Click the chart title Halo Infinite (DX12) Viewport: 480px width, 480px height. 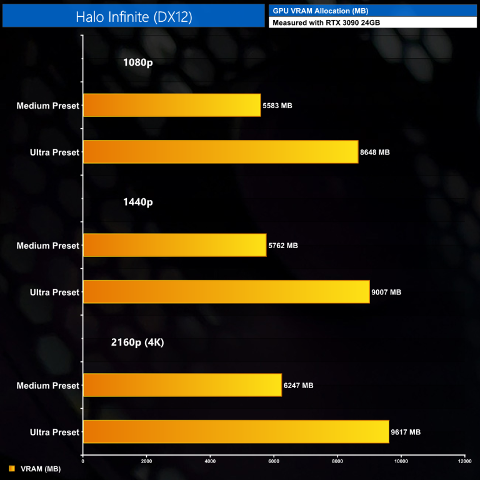pos(134,17)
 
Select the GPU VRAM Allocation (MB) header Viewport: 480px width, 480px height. pos(320,11)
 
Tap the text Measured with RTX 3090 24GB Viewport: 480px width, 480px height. pos(327,22)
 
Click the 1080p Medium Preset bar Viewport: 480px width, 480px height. pos(172,106)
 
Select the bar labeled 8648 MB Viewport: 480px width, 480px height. pos(221,152)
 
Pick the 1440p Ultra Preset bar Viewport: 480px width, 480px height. pos(226,292)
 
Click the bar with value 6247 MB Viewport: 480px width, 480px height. pos(182,385)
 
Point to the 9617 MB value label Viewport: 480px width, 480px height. pos(406,432)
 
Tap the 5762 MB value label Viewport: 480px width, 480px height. pos(283,246)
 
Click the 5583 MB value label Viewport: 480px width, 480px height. pos(277,106)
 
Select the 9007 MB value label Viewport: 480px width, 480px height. pos(386,292)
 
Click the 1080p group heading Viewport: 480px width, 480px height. pos(138,62)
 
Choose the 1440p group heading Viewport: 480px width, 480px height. pos(138,202)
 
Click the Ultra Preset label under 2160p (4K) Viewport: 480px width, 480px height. pos(54,432)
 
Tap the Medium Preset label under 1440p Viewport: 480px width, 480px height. pos(48,246)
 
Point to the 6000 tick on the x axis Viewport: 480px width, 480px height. pos(274,462)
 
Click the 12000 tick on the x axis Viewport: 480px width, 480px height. pos(464,462)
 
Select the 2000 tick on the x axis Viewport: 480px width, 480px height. pos(146,462)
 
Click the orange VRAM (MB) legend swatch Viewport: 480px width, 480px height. pos(11,469)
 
